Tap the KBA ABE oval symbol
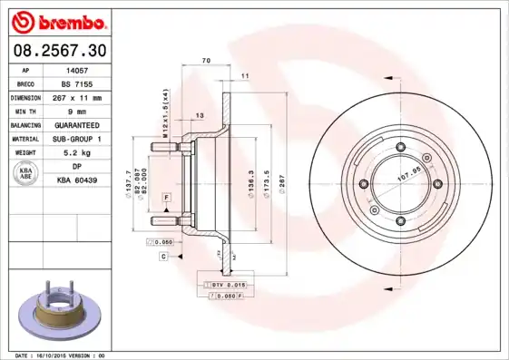27,174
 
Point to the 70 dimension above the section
206,60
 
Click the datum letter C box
163,258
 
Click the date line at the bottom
61,355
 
